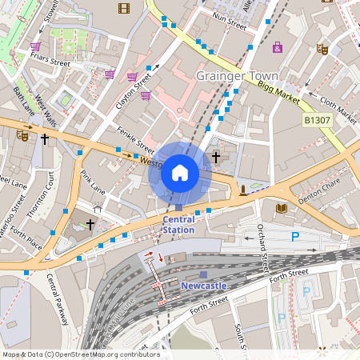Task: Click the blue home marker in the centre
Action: pos(180,173)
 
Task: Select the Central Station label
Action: pos(178,224)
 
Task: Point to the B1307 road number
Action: pos(317,120)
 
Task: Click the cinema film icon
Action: pos(123,8)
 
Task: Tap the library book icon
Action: pos(281,209)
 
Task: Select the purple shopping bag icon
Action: pos(277,47)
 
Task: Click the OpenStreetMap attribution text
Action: pos(80,354)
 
